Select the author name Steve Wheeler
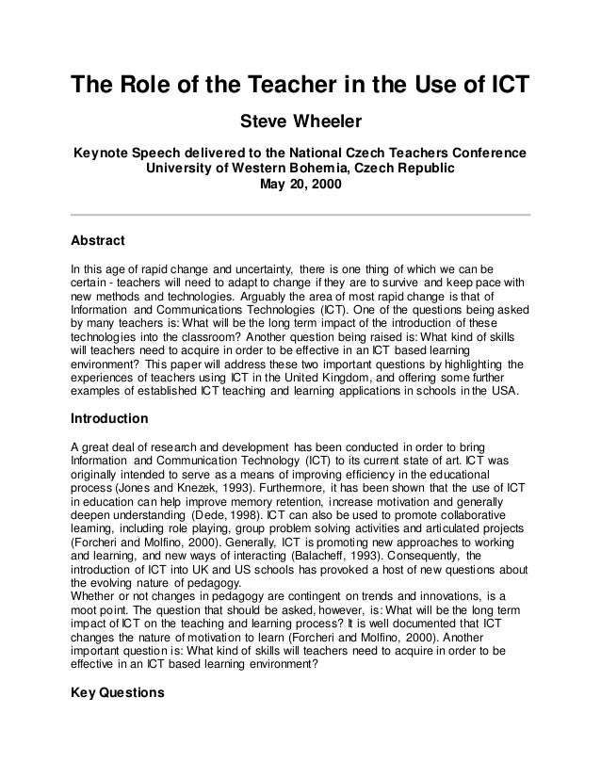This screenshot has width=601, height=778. pos(300,122)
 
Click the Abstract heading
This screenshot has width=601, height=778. pos(98,239)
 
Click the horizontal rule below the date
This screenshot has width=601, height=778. pos(300,214)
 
